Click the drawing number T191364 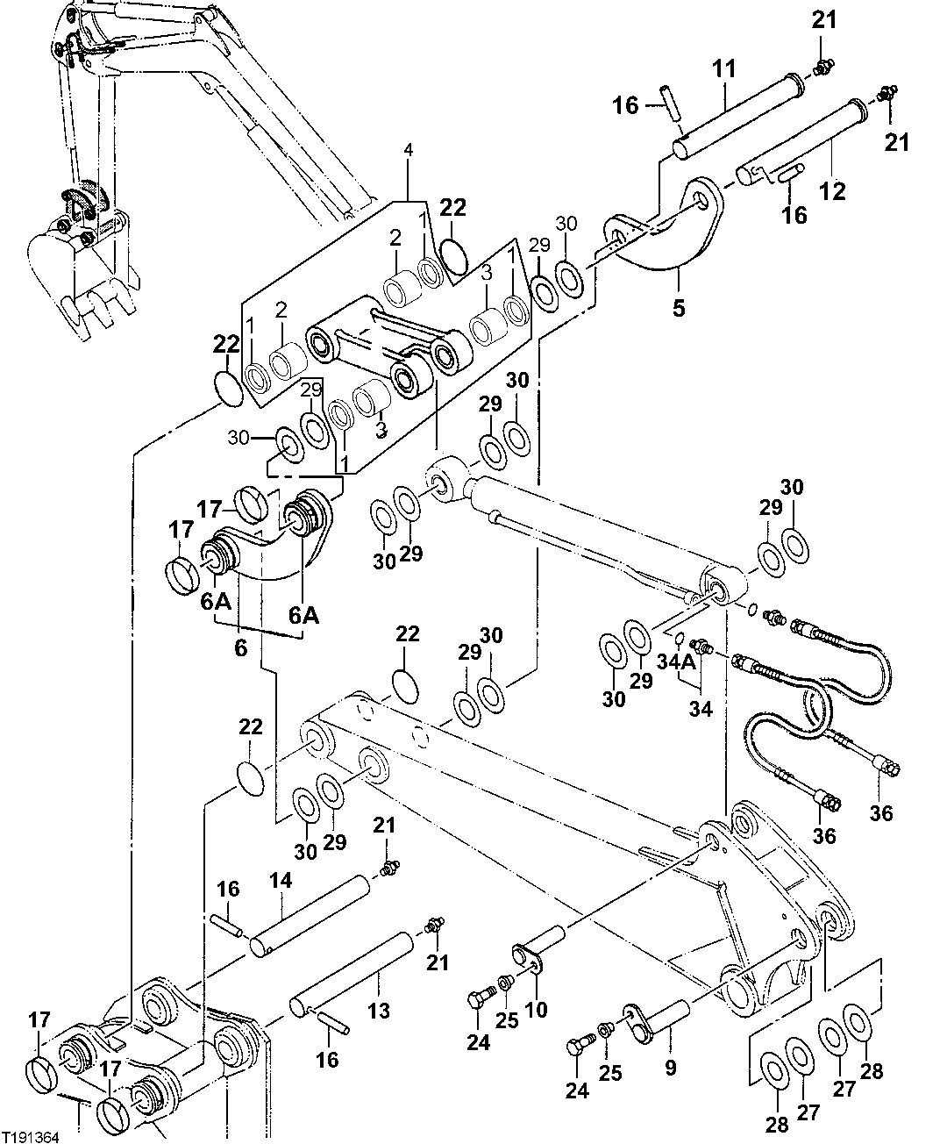[x=31, y=1137]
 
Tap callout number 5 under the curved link [x=679, y=309]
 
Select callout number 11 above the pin [x=728, y=68]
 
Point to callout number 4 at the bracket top [x=408, y=151]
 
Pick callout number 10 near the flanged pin [x=536, y=1009]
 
